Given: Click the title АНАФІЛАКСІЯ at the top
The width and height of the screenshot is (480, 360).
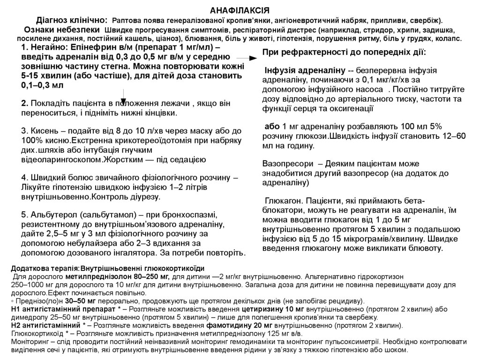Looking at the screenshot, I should click(x=240, y=10).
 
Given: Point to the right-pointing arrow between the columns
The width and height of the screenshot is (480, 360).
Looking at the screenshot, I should click(x=252, y=58).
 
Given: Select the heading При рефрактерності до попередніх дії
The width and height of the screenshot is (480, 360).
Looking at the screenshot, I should click(x=344, y=52).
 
